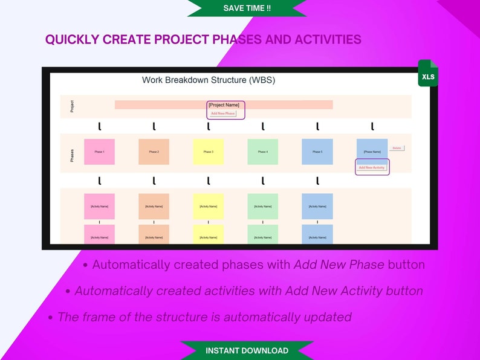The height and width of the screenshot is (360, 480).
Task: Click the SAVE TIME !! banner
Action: [247, 8]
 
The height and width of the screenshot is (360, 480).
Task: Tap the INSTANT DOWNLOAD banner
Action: [247, 350]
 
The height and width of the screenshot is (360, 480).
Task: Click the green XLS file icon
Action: [427, 74]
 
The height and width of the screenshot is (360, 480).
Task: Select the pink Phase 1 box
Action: [99, 152]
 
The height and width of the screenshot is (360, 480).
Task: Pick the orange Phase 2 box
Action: [154, 152]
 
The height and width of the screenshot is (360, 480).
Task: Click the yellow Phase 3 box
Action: [209, 152]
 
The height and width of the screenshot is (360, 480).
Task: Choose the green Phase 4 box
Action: [263, 152]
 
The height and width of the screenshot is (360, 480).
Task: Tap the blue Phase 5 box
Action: [317, 152]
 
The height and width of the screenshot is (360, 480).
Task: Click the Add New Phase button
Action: [223, 114]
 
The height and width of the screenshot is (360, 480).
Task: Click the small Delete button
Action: [397, 148]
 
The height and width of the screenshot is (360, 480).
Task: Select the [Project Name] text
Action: [224, 105]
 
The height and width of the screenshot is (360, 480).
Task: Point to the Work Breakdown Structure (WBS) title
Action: [209, 80]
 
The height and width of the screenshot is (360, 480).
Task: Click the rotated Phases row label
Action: [72, 155]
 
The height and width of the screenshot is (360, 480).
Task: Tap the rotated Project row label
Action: [72, 106]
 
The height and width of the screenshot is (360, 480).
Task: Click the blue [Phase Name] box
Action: [372, 152]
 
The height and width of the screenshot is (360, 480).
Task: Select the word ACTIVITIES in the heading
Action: [327, 40]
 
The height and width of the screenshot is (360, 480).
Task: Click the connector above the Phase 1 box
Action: [99, 127]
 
